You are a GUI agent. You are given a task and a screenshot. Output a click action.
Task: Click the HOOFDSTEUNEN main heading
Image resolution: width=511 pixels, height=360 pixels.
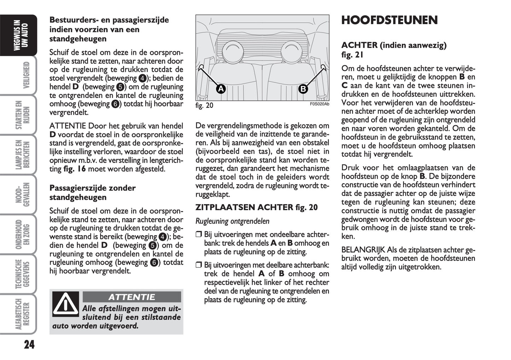(x=389, y=21)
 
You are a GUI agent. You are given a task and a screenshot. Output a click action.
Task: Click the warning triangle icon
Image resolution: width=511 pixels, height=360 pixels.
(x=66, y=304)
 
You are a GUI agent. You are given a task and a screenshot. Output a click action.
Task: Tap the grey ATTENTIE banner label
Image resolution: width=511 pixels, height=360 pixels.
(x=132, y=297)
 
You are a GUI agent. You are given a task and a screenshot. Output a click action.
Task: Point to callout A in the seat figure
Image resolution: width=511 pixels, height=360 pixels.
(x=221, y=89)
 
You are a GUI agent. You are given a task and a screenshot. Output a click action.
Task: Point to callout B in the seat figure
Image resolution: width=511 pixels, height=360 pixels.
(x=303, y=89)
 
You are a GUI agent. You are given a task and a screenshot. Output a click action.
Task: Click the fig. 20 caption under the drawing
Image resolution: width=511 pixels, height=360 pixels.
(x=204, y=106)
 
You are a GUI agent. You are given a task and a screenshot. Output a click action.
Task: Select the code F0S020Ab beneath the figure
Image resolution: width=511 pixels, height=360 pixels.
(x=319, y=104)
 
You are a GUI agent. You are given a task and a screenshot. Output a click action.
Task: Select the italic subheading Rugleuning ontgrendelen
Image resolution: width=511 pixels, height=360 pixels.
(x=232, y=221)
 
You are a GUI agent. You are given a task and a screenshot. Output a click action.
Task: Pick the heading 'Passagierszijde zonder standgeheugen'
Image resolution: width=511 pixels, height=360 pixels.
(x=92, y=193)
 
